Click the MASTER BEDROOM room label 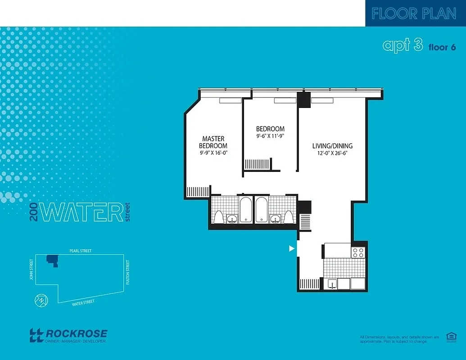tap(213, 142)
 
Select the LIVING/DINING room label tap(332, 146)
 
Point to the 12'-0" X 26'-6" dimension tap(332, 153)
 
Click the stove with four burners tap(358, 252)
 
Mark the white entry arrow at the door tap(292, 248)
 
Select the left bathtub tap(246, 210)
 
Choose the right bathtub tap(262, 210)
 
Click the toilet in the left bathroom tap(218, 217)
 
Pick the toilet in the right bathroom tap(289, 217)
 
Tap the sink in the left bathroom tap(232, 219)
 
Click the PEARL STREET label tap(80, 251)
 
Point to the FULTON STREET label tap(128, 272)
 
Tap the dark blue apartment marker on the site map tap(52, 260)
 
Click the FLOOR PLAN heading tap(414, 13)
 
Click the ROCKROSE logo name tap(77, 333)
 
